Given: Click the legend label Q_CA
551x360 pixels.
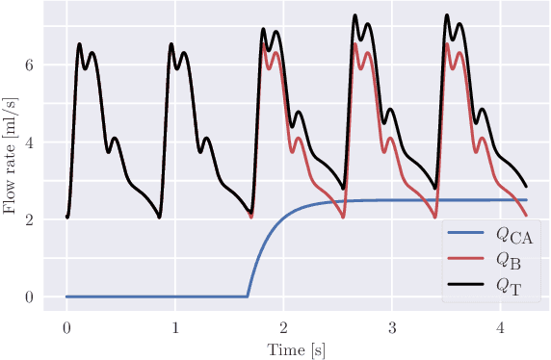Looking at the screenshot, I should [515, 235].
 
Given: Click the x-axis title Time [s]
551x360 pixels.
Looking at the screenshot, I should [297, 349].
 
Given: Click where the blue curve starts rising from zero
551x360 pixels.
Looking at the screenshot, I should [248, 296].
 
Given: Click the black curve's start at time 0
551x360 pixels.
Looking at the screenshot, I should [66, 217].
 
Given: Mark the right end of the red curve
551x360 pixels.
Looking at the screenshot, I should [527, 215].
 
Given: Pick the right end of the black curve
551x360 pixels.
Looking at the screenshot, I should [527, 186].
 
